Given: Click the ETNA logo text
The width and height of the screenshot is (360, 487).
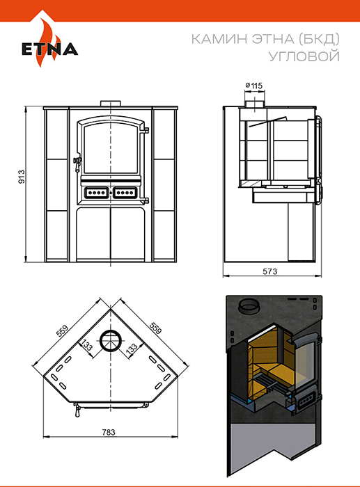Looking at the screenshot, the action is coord(49,49).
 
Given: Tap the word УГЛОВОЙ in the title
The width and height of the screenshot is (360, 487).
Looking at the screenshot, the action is coord(304,56).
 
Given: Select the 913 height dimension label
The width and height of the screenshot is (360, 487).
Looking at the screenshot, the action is coord(21,177).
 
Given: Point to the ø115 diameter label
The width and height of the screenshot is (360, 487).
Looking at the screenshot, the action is coord(254,85).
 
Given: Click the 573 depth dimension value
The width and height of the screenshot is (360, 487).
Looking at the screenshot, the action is coord(269,271).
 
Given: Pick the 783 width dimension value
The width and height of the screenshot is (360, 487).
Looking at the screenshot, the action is coord(109,432).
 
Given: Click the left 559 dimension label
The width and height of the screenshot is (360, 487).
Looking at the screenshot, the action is coord(62,330).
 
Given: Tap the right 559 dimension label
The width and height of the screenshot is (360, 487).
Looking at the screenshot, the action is coord(155,328).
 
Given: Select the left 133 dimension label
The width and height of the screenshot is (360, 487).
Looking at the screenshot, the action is coord(86,345).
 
